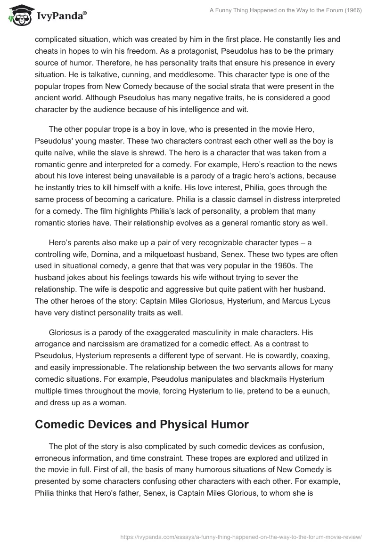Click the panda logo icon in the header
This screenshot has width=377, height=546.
tap(18, 17)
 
